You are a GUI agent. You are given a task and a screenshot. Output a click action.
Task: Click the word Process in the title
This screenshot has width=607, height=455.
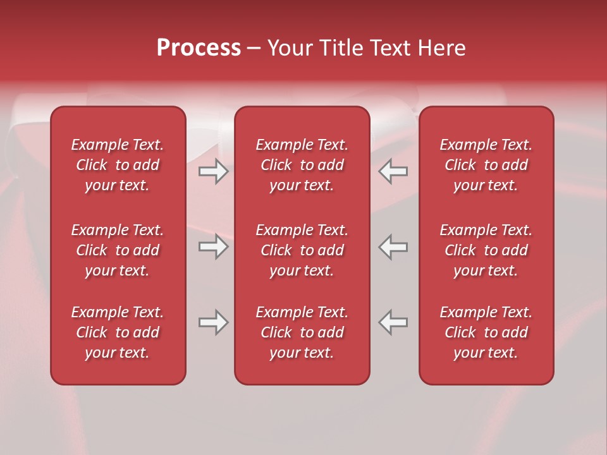[199, 48]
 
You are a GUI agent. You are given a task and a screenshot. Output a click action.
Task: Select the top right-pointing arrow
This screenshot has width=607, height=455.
[213, 171]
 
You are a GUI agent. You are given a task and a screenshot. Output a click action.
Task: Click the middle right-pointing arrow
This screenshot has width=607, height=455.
[213, 246]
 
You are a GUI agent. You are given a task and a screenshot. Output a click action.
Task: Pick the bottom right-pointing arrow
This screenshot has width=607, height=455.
[213, 322]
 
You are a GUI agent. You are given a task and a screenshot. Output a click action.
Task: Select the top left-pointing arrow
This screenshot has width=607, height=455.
[393, 171]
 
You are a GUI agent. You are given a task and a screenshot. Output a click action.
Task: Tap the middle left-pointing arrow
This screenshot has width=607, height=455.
[393, 246]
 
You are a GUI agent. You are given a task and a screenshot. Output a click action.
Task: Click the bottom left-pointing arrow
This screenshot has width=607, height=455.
[393, 322]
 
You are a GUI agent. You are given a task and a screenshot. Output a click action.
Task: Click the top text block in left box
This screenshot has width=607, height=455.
[118, 165]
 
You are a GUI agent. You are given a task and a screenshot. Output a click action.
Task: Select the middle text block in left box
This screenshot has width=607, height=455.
[118, 250]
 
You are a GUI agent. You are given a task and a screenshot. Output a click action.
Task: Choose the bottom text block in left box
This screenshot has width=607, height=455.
[118, 332]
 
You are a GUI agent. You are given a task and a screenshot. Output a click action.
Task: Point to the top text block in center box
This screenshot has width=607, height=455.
[302, 165]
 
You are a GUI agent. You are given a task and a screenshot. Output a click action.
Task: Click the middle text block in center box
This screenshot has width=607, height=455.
[302, 250]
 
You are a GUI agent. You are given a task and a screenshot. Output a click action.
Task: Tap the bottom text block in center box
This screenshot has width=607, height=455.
[302, 332]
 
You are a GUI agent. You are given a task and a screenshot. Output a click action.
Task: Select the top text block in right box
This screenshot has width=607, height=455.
[486, 165]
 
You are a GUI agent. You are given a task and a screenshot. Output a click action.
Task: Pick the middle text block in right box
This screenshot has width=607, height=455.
[486, 250]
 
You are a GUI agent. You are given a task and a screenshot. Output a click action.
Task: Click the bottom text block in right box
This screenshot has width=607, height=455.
[486, 332]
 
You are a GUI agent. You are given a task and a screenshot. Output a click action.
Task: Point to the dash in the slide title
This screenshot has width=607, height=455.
[254, 49]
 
